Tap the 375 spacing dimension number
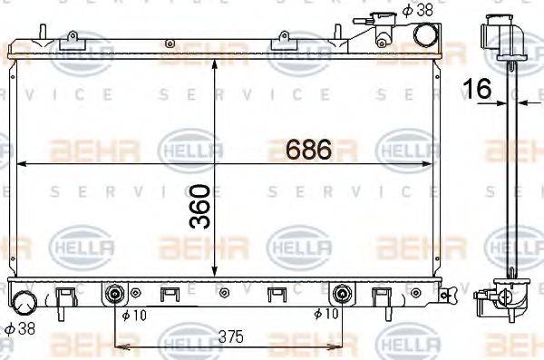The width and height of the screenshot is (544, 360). point(232,336)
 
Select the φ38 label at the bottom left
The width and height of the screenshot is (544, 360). point(19,327)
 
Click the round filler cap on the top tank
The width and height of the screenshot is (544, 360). point(425,34)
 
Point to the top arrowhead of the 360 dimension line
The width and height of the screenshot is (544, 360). point(214,64)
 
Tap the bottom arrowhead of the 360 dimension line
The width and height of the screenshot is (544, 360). point(214,275)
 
